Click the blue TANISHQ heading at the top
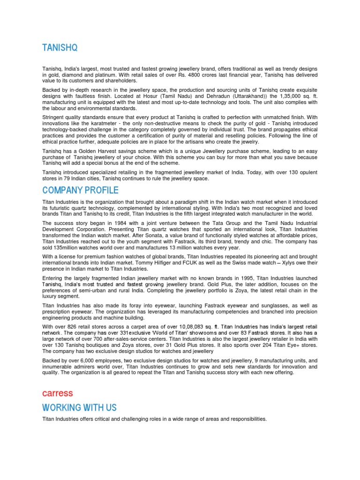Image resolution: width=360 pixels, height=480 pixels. (x=60, y=48)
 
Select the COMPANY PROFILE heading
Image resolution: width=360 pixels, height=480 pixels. (x=80, y=190)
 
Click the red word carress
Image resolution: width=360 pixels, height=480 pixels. (x=58, y=392)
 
